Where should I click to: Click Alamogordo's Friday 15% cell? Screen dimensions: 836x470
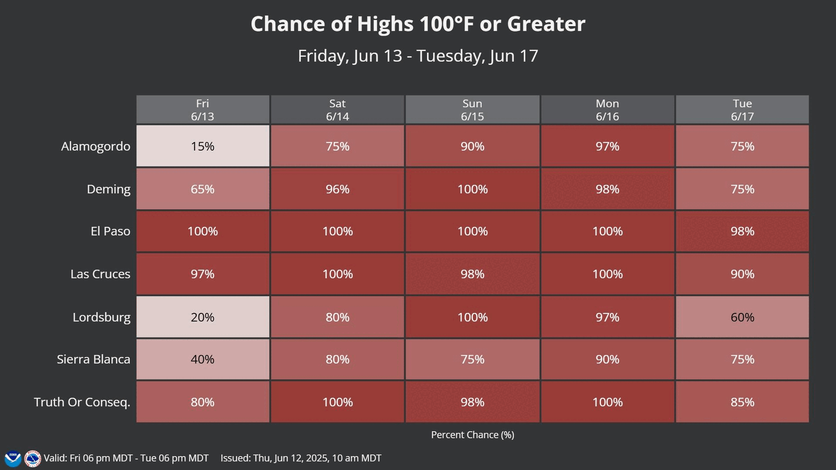pyautogui.click(x=202, y=146)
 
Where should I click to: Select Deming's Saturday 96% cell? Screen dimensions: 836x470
pyautogui.click(x=337, y=189)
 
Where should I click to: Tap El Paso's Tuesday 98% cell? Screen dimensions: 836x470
pyautogui.click(x=742, y=231)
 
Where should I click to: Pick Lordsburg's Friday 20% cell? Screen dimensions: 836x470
pyautogui.click(x=202, y=317)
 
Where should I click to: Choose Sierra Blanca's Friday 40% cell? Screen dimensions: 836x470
pyautogui.click(x=202, y=359)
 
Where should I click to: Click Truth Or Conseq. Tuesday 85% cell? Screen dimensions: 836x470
pyautogui.click(x=742, y=402)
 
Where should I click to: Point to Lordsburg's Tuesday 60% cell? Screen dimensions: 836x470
pyautogui.click(x=742, y=317)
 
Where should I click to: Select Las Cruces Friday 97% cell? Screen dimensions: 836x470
pyautogui.click(x=202, y=274)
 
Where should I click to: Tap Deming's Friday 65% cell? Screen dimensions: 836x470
pyautogui.click(x=202, y=189)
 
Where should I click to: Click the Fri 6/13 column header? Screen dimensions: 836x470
pyautogui.click(x=202, y=110)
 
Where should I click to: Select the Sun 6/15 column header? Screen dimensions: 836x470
pyautogui.click(x=472, y=110)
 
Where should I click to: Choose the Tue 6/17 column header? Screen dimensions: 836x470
pyautogui.click(x=742, y=110)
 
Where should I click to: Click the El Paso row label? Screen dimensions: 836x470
pyautogui.click(x=110, y=231)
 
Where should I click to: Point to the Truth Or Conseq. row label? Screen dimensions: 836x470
pyautogui.click(x=82, y=402)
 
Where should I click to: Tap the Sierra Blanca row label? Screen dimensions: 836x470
pyautogui.click(x=93, y=359)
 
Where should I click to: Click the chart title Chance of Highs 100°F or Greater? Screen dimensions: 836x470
pyautogui.click(x=418, y=24)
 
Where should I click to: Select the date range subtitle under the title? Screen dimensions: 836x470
pyautogui.click(x=418, y=56)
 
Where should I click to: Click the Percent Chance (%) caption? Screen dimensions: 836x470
pyautogui.click(x=472, y=435)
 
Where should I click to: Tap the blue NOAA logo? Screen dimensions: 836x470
pyautogui.click(x=13, y=459)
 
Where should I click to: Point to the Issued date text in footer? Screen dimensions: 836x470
pyautogui.click(x=301, y=458)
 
